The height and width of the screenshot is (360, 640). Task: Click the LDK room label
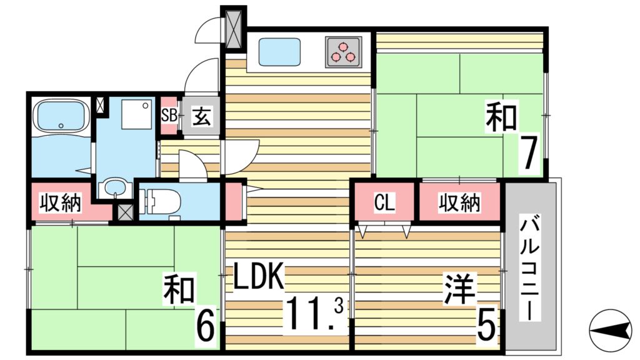259,277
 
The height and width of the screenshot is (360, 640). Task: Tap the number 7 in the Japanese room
529,155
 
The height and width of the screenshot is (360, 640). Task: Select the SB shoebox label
168,115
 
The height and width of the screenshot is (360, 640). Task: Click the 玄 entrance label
200,116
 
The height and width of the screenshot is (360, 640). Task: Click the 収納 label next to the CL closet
459,203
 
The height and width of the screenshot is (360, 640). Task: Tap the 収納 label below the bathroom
61,203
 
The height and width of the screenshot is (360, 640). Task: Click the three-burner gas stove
343,51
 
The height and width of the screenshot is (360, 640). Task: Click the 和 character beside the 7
501,117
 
